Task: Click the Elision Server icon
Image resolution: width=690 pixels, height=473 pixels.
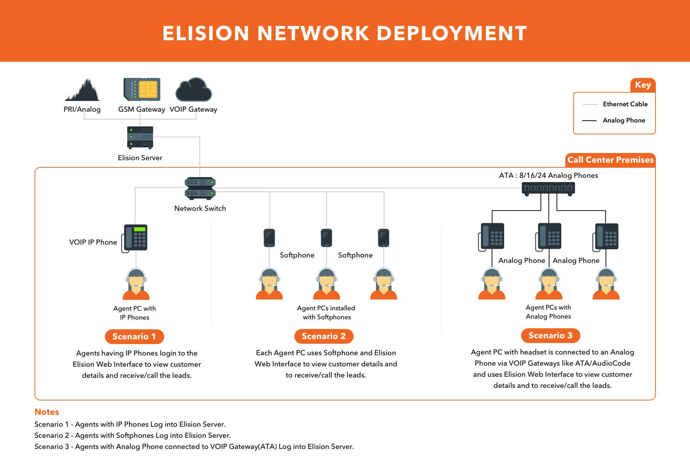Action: [x=140, y=138]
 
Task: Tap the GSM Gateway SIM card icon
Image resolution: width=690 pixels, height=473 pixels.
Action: [x=142, y=89]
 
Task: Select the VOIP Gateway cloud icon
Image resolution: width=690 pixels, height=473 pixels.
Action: [x=193, y=90]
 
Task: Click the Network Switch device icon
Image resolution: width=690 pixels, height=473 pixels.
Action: [x=200, y=188]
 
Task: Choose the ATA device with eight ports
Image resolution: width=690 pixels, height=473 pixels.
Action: [x=548, y=188]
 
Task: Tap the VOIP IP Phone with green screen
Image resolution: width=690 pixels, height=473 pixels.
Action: [x=135, y=238]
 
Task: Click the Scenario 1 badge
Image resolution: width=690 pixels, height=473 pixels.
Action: [x=134, y=337]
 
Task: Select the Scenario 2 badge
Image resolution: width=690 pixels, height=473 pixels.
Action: [x=324, y=336]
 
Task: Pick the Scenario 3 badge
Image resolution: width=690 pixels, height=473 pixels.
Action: [x=551, y=335]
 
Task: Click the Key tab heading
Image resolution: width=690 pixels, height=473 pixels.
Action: [x=643, y=85]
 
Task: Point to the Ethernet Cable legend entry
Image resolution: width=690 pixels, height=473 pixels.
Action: [x=625, y=104]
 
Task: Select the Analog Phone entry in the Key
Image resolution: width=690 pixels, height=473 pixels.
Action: [x=624, y=120]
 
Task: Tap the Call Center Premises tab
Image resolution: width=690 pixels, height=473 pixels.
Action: [x=610, y=160]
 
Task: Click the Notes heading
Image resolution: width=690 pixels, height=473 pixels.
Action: [x=47, y=412]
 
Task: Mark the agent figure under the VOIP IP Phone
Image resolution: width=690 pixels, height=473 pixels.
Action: [x=136, y=284]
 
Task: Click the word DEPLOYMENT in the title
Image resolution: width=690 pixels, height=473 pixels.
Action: [x=452, y=33]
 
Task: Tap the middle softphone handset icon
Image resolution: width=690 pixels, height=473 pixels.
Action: [x=326, y=238]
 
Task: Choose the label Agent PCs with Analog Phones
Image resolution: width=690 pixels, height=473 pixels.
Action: [x=548, y=312]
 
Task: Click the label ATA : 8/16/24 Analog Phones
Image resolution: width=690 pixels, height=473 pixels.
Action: [x=548, y=175]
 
